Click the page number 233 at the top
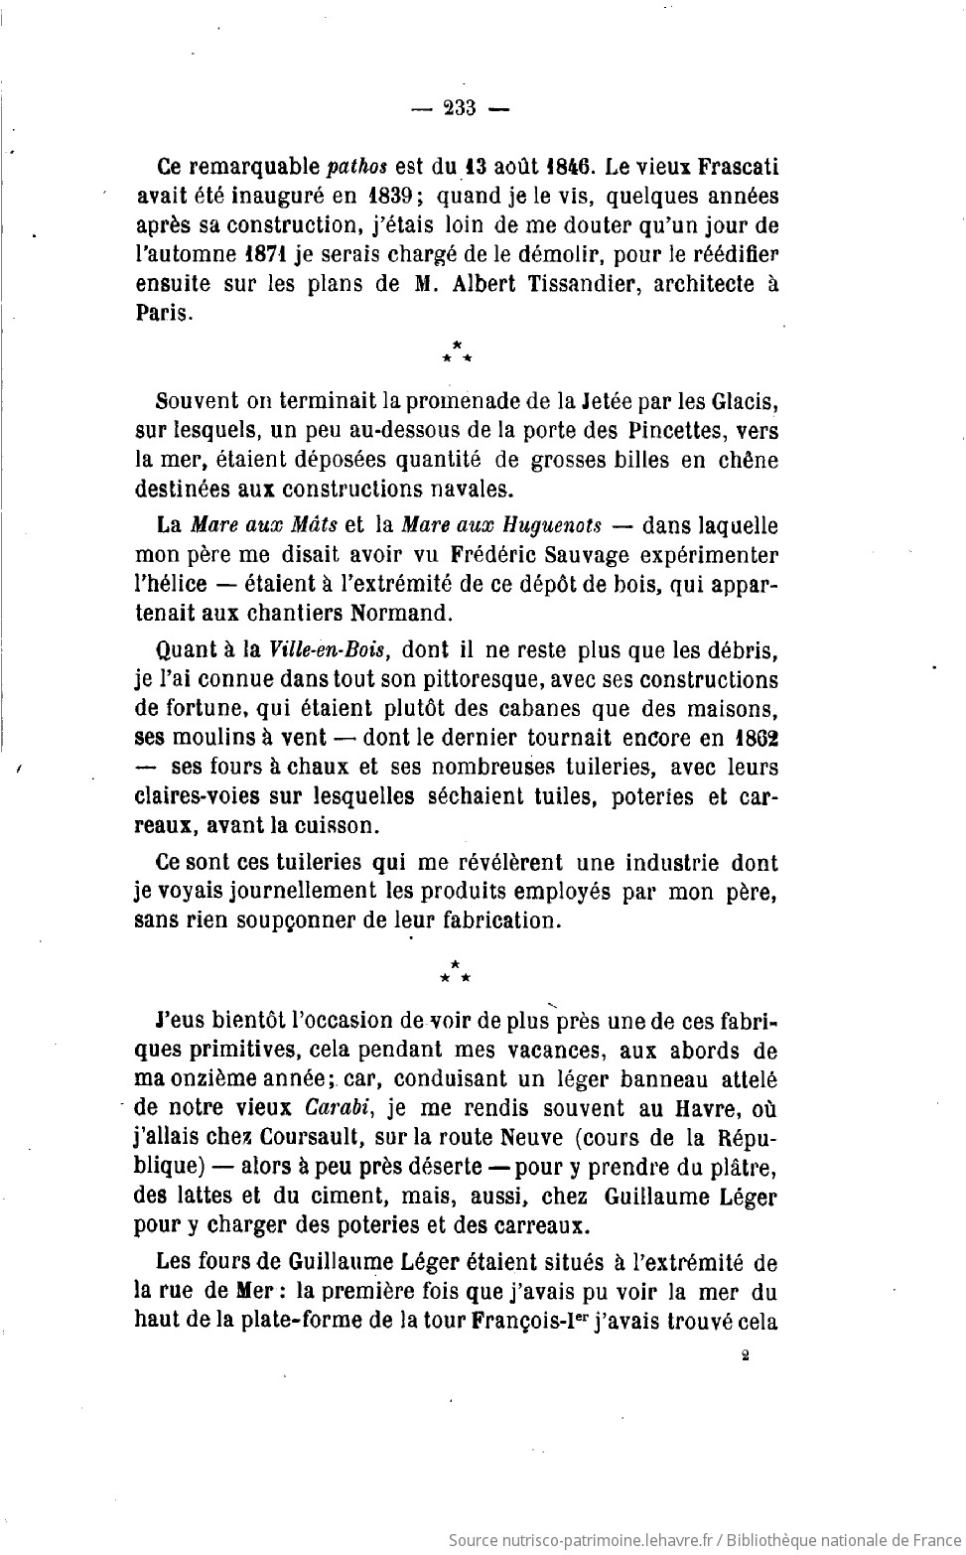click(x=461, y=108)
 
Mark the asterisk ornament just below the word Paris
click(x=457, y=351)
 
